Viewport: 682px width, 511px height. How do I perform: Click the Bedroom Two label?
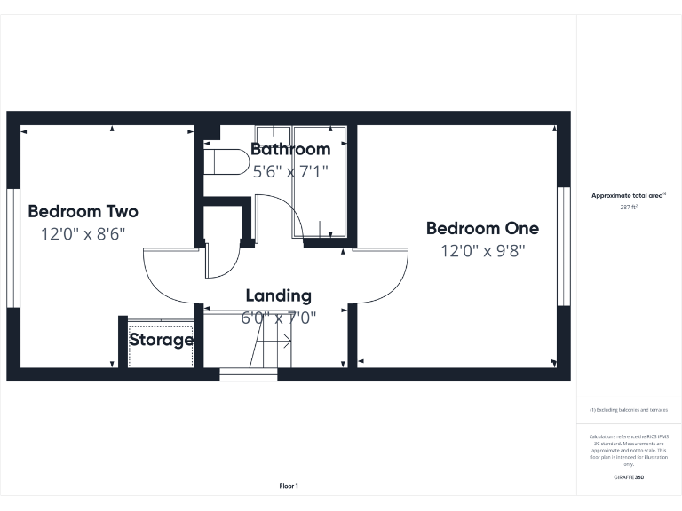click(x=83, y=212)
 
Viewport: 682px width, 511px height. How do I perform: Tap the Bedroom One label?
click(x=482, y=229)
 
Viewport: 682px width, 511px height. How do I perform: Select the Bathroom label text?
click(x=290, y=149)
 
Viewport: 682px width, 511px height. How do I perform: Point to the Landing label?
click(x=278, y=295)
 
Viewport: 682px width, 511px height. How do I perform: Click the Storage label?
click(x=162, y=340)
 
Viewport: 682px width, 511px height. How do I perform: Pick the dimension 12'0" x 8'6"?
click(x=83, y=234)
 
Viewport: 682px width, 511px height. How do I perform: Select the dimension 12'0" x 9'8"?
click(x=483, y=251)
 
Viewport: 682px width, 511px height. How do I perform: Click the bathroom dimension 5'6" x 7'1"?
click(x=290, y=171)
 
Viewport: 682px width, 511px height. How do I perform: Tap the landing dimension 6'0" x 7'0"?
click(x=278, y=317)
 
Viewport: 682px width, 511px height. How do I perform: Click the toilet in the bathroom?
click(x=226, y=161)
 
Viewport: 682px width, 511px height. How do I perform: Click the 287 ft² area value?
click(x=629, y=207)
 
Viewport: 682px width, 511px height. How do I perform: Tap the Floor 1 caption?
click(x=289, y=486)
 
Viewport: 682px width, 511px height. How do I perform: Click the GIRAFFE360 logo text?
click(x=629, y=477)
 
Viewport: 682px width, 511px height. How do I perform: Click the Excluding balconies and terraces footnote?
click(x=629, y=410)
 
